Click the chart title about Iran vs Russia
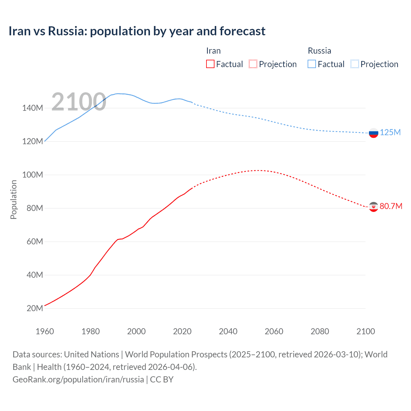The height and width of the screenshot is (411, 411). (137, 31)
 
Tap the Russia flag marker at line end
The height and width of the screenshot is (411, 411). (373, 133)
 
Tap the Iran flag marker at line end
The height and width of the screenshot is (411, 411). (373, 207)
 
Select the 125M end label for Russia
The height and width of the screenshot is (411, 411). (390, 132)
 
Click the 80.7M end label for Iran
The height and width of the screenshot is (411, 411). (391, 206)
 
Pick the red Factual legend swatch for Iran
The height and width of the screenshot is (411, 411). (210, 64)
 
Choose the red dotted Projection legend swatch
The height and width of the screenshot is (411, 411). (253, 64)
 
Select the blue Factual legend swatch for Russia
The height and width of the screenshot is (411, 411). (312, 64)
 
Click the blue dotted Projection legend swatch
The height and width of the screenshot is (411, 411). (355, 64)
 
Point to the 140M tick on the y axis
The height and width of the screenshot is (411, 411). (32, 108)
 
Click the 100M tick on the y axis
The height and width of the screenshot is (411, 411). (32, 175)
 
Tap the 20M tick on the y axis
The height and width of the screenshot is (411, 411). (35, 309)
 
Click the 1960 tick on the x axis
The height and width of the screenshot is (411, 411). (45, 331)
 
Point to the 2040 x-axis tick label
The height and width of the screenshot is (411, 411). (228, 331)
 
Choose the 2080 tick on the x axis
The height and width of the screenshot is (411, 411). (320, 331)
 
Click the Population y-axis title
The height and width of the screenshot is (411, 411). (13, 199)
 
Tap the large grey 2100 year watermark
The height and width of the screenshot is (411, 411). (79, 102)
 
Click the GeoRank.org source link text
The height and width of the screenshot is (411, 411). (78, 380)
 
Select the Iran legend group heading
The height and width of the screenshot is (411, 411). (213, 51)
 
